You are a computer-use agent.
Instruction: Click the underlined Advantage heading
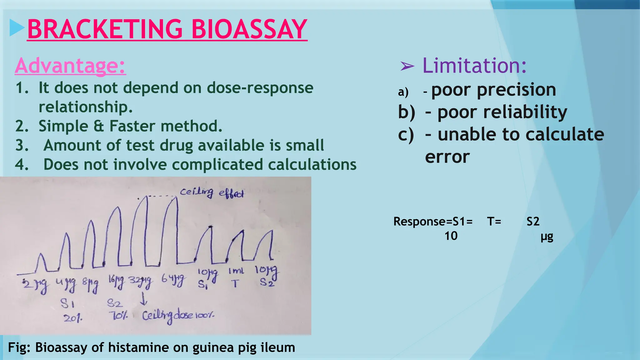[x=70, y=66]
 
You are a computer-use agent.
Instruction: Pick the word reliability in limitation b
[x=525, y=112]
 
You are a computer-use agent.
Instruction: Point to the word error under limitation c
[x=447, y=157]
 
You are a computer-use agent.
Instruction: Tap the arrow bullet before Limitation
[x=407, y=66]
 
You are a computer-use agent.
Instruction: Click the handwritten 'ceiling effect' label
[x=212, y=192]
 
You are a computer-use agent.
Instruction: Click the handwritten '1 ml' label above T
[x=236, y=271]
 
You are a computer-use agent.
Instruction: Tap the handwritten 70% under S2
[x=118, y=316]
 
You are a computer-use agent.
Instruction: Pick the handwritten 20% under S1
[x=73, y=318]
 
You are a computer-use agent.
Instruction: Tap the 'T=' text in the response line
[x=494, y=222]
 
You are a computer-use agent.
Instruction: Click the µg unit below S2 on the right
[x=547, y=237]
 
